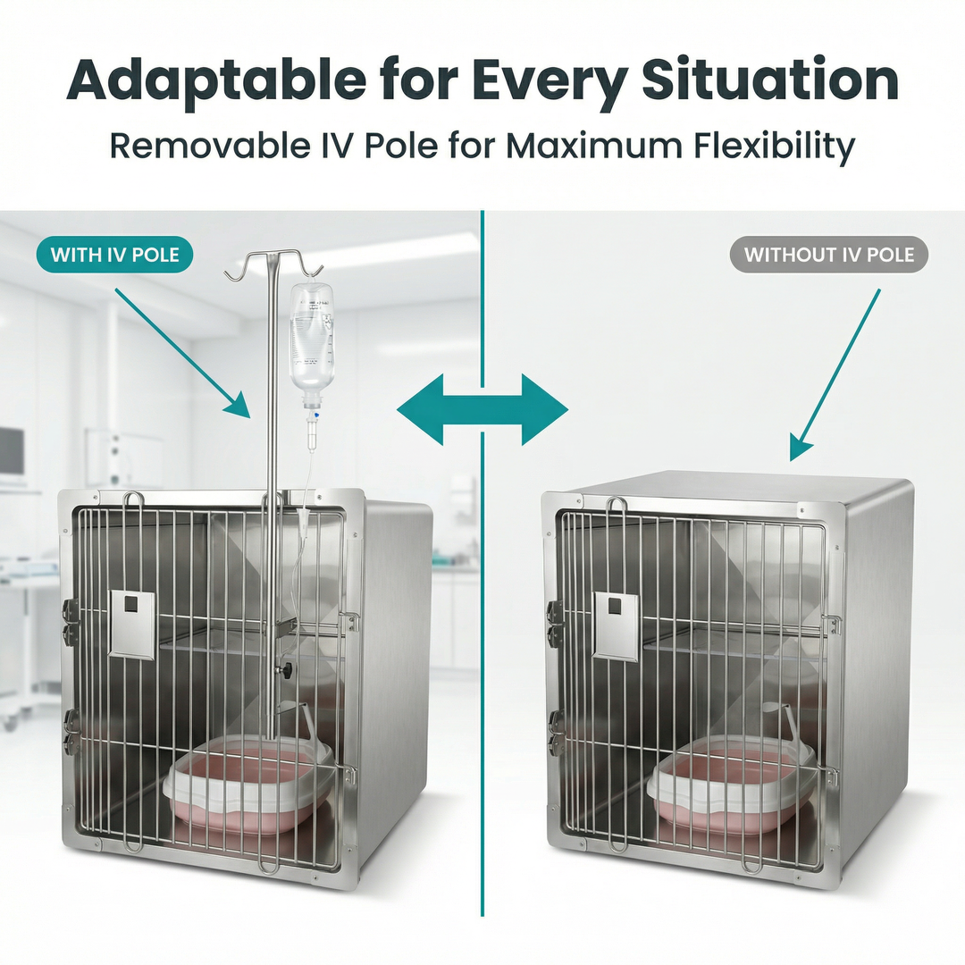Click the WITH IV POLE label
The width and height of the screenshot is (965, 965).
tap(114, 255)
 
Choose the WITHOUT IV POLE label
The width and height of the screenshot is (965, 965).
tap(829, 255)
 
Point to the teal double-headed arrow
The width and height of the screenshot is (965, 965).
tap(482, 410)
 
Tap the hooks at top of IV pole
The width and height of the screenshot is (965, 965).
tap(273, 264)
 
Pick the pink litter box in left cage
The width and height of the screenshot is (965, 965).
tap(250, 786)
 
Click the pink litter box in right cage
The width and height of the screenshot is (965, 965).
tap(733, 786)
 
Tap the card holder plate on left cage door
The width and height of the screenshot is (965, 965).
tap(131, 624)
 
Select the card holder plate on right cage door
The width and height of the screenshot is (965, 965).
tap(616, 624)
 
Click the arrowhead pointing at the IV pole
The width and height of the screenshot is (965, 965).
tap(239, 406)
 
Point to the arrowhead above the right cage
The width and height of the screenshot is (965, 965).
tap(801, 446)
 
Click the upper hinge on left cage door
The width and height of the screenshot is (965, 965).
tap(70, 618)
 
